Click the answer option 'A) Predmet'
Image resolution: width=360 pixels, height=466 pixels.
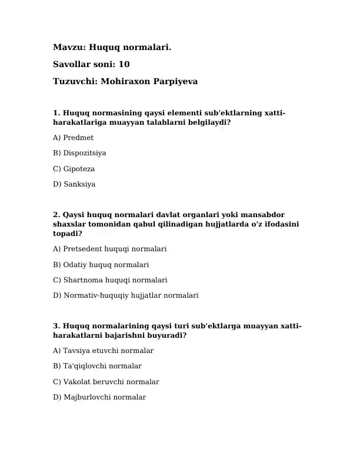click(73, 138)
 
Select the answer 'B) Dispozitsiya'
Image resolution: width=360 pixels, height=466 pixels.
click(79, 153)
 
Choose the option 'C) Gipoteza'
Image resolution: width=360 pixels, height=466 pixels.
click(74, 169)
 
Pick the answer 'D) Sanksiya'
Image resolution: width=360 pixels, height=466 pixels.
click(74, 184)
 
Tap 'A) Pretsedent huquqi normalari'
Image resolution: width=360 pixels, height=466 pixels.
click(109, 249)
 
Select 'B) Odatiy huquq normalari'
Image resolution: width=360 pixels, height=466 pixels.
click(101, 265)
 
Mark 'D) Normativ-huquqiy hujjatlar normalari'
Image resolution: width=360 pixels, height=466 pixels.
click(125, 295)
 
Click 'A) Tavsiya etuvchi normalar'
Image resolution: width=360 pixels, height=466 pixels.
click(103, 351)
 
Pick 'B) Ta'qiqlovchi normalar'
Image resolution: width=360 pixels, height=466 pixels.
click(97, 366)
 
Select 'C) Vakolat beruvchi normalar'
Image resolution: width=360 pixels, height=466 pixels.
click(106, 382)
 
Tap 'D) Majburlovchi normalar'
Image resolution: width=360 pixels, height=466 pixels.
click(99, 397)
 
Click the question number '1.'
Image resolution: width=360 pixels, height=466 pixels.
click(56, 112)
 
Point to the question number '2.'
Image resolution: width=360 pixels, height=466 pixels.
click(56, 215)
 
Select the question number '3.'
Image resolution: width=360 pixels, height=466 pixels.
click(56, 326)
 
